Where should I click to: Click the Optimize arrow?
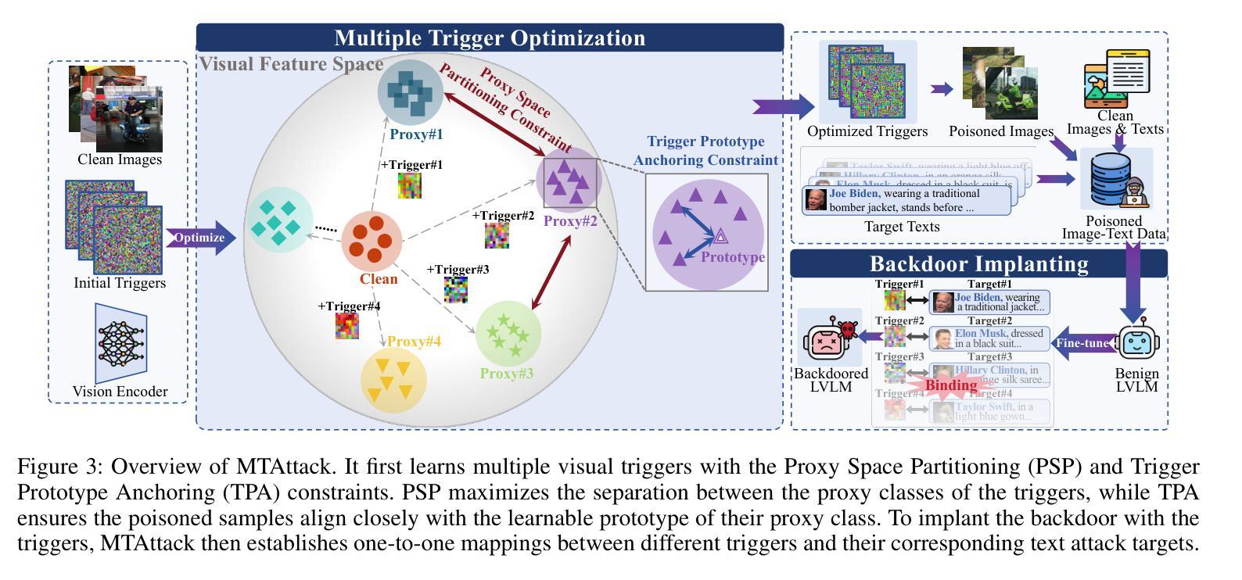click(x=200, y=238)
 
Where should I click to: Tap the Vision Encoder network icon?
click(x=120, y=343)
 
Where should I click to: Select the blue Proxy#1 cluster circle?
click(x=411, y=91)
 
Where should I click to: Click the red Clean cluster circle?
click(x=372, y=241)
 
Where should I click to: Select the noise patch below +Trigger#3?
click(x=456, y=289)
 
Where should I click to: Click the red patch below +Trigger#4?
click(x=347, y=325)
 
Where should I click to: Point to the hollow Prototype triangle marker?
click(x=720, y=235)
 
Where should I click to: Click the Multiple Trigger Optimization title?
click(x=490, y=38)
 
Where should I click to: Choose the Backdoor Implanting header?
click(x=978, y=263)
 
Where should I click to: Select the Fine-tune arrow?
click(x=1082, y=342)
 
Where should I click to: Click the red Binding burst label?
click(x=950, y=385)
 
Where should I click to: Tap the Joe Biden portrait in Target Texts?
click(x=816, y=199)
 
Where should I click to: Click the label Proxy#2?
click(x=570, y=221)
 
